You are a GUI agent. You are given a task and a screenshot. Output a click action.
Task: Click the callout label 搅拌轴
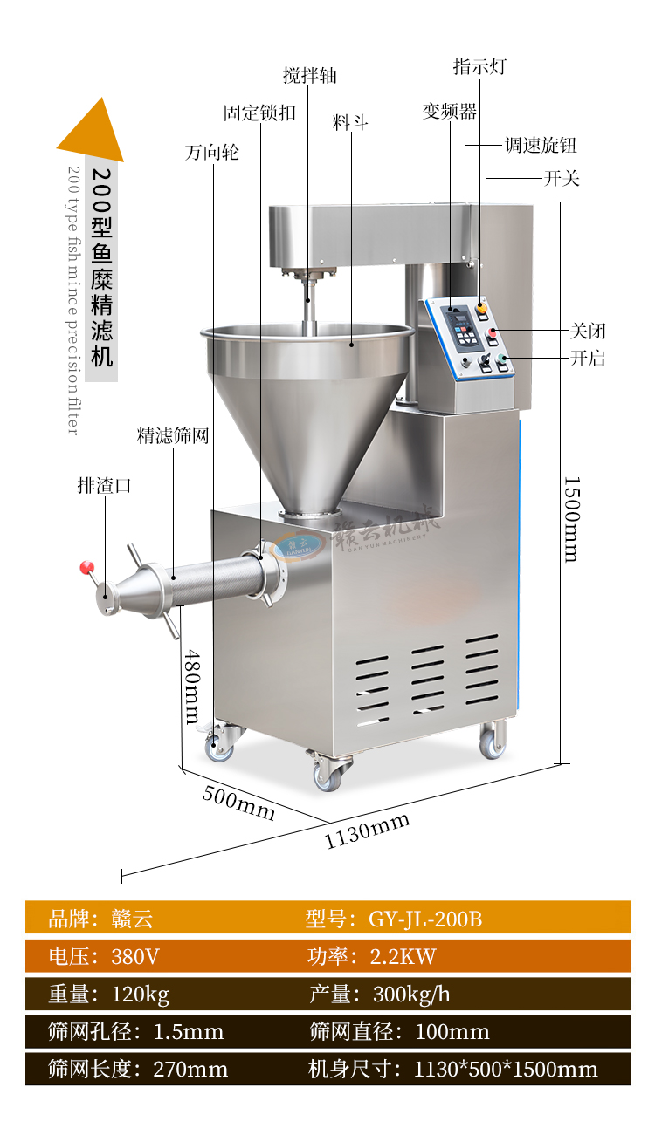(x=310, y=76)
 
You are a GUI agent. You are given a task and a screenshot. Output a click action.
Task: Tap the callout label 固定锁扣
(x=259, y=113)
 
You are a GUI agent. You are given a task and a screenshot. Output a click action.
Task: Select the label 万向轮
(x=212, y=152)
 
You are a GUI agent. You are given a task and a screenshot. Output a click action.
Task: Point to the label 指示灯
(x=479, y=66)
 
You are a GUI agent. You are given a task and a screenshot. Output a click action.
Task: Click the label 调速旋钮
(x=541, y=145)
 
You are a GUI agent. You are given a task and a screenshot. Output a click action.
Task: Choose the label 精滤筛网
(x=173, y=435)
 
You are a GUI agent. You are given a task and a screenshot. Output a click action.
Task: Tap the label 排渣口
(x=104, y=485)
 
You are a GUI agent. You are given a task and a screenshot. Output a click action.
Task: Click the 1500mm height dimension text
(x=572, y=519)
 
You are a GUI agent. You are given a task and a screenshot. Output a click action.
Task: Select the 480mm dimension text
(x=193, y=687)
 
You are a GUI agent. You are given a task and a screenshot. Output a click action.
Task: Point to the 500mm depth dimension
(x=238, y=803)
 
